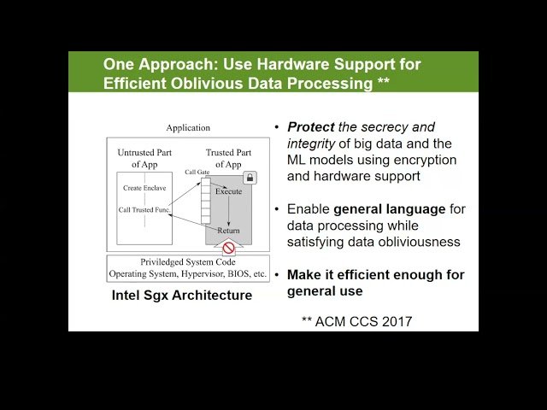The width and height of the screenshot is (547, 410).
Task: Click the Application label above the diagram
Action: (x=188, y=128)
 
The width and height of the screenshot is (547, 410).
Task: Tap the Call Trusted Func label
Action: (x=144, y=209)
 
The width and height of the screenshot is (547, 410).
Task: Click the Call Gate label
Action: (x=197, y=172)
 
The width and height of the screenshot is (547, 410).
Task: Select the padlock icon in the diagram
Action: (x=250, y=178)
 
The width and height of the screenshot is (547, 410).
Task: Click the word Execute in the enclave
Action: (x=228, y=190)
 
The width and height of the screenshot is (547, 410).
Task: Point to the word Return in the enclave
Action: (x=228, y=230)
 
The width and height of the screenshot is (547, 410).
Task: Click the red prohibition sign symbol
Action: (x=228, y=249)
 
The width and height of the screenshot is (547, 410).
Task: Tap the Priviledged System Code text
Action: (x=188, y=263)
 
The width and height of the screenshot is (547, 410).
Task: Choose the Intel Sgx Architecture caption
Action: (x=182, y=296)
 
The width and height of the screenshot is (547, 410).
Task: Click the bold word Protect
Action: (x=311, y=126)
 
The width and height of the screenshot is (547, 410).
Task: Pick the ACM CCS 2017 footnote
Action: (x=356, y=321)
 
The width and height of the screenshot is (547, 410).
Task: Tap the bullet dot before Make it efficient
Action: (x=277, y=274)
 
